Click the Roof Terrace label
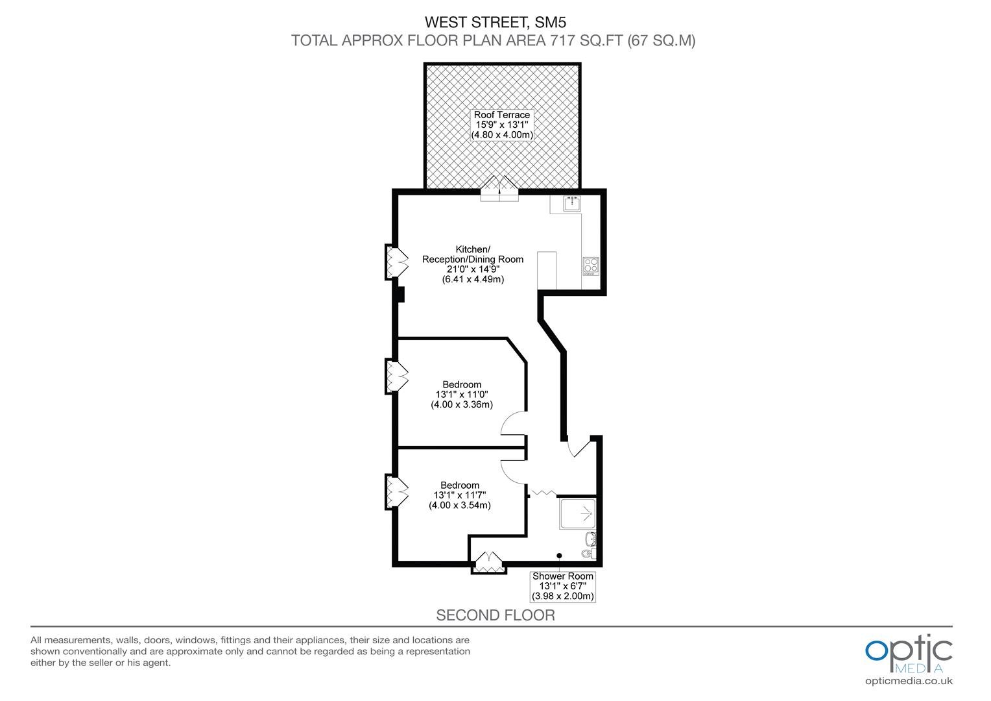click(502, 125)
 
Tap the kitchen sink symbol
click(572, 203)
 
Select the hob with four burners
click(591, 266)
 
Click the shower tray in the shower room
click(578, 513)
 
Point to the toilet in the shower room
click(588, 553)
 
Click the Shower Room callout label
click(563, 586)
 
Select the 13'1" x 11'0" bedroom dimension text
click(462, 394)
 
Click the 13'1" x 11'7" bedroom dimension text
click(460, 495)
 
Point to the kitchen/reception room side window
click(396, 262)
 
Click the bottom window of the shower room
click(489, 563)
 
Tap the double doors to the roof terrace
click(499, 189)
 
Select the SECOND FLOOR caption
click(495, 615)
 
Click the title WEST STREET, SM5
click(495, 22)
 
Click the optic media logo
click(909, 654)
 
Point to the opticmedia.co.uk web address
click(909, 681)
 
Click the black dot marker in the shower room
click(559, 556)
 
